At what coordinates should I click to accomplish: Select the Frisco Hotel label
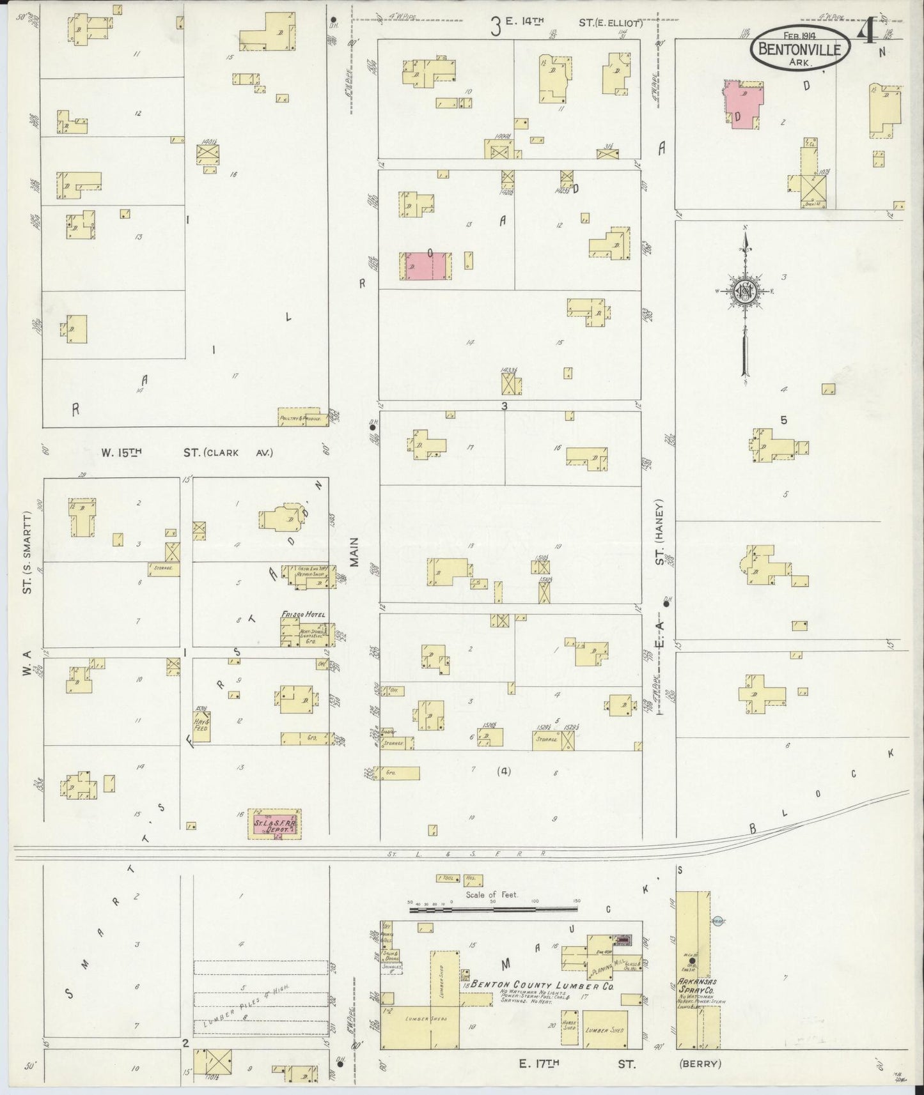(304, 615)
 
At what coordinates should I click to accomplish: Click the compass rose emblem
(745, 291)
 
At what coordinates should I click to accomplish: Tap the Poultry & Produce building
(301, 417)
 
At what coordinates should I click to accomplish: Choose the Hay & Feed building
(201, 724)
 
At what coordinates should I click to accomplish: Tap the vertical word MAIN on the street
(355, 551)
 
